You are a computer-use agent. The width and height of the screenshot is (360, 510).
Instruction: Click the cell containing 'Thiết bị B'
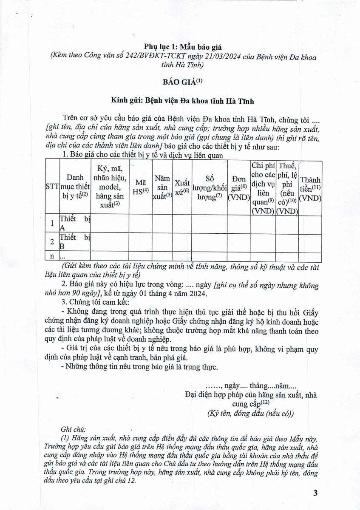click(x=75, y=242)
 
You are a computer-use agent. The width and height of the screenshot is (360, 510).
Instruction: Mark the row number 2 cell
click(x=52, y=242)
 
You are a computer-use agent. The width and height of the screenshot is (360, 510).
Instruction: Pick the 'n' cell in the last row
click(x=52, y=257)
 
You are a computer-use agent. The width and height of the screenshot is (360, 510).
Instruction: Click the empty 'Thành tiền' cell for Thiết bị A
click(x=310, y=224)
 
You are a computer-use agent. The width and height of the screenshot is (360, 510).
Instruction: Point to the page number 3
click(x=315, y=493)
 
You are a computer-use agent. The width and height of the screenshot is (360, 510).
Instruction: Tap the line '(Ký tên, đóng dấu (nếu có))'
click(x=250, y=413)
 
